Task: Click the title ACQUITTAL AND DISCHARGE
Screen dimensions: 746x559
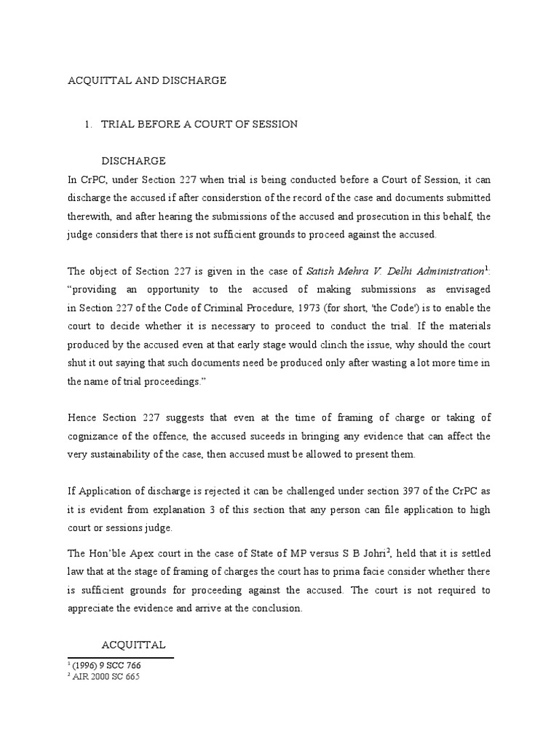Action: click(146, 81)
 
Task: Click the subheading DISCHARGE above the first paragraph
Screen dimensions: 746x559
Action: click(133, 160)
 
